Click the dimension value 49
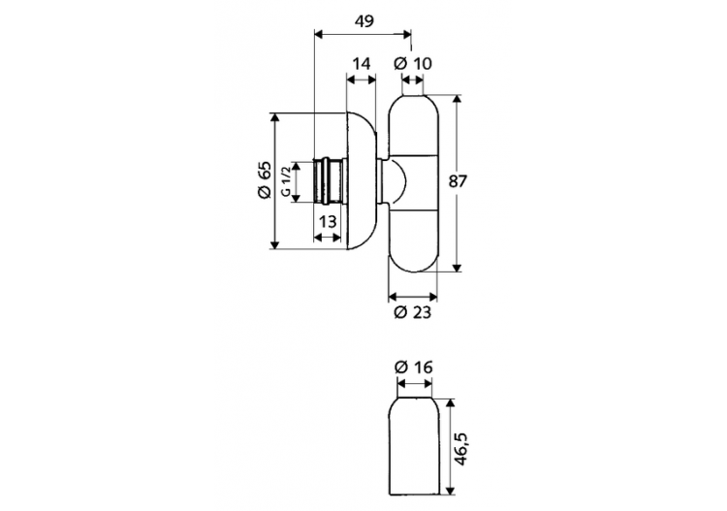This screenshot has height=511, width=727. click(364, 19)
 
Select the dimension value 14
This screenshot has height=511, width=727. click(361, 65)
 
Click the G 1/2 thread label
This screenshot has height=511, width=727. click(286, 181)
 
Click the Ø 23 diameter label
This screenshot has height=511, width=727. click(413, 312)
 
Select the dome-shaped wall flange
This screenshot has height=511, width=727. click(362, 181)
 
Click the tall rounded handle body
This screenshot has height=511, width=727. click(418, 181)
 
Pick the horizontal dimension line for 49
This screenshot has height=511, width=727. click(364, 34)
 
